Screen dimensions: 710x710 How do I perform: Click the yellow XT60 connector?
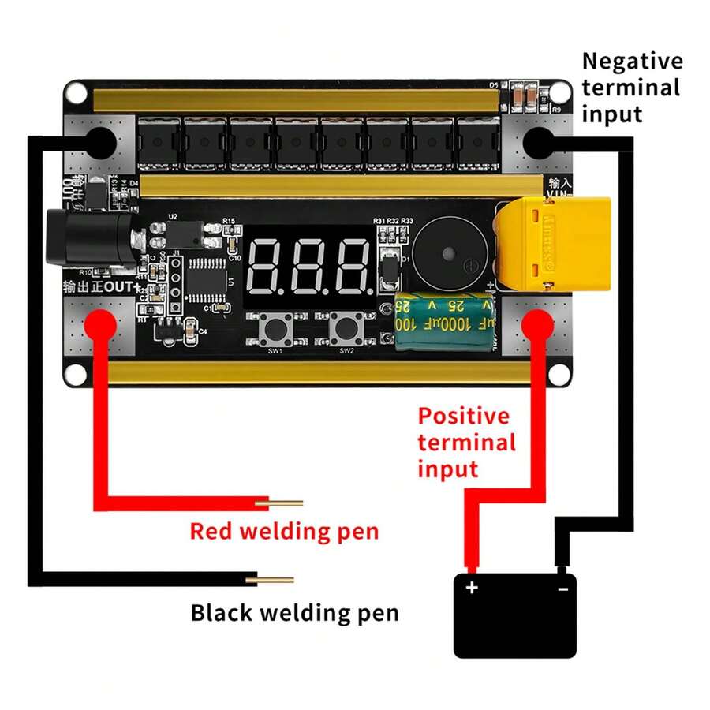(x=553, y=245)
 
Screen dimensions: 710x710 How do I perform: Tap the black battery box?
(x=515, y=616)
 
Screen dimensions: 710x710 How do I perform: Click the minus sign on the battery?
(x=563, y=589)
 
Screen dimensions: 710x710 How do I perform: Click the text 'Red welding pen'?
(x=284, y=531)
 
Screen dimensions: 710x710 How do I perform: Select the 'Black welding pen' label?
(x=294, y=612)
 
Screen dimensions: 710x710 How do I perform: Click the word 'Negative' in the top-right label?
(x=632, y=62)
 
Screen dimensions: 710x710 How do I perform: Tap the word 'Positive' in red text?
(x=463, y=416)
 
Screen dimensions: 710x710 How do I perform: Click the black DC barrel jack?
(x=91, y=236)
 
